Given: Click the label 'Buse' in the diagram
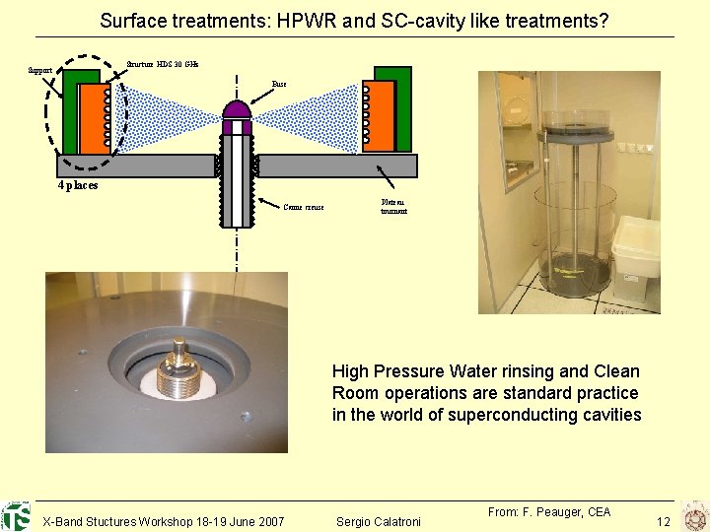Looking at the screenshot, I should (x=279, y=85).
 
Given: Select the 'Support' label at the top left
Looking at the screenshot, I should (x=41, y=71).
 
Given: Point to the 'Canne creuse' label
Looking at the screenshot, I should (x=303, y=207).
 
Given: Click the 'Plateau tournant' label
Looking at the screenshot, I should (x=393, y=206).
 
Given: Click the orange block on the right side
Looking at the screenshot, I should (x=381, y=115).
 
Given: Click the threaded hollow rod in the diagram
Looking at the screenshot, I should (x=236, y=177).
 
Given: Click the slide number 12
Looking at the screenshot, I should (x=664, y=520).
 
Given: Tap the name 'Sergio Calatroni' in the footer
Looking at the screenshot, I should (x=379, y=520).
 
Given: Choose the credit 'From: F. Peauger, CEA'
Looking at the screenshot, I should (x=549, y=511).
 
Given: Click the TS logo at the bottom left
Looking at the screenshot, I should (x=17, y=516).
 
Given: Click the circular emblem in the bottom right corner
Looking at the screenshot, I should (x=693, y=516).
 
